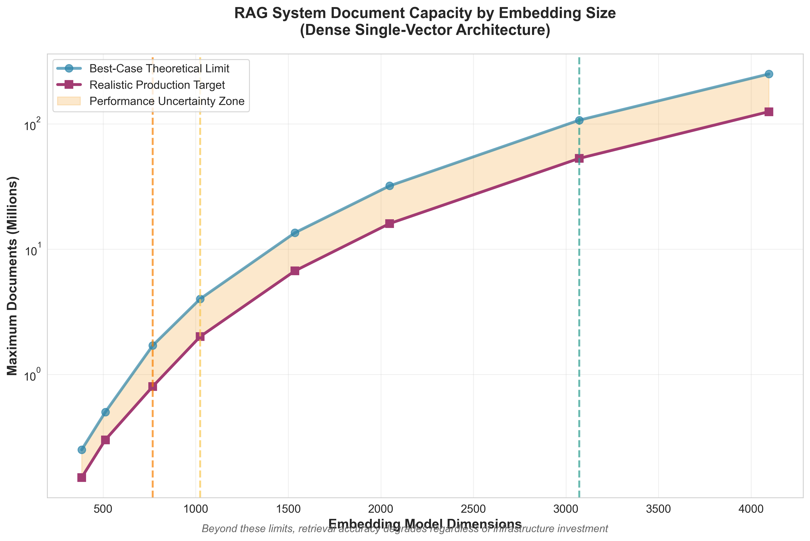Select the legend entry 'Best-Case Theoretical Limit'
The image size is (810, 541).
(x=159, y=69)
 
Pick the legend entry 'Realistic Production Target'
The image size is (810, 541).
(x=157, y=85)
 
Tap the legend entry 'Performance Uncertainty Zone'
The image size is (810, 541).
(x=167, y=101)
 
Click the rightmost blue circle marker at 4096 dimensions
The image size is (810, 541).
(x=769, y=74)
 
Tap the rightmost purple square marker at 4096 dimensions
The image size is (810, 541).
(x=769, y=112)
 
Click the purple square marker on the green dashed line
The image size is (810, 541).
(x=579, y=158)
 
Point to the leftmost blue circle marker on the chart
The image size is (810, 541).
(x=82, y=450)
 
